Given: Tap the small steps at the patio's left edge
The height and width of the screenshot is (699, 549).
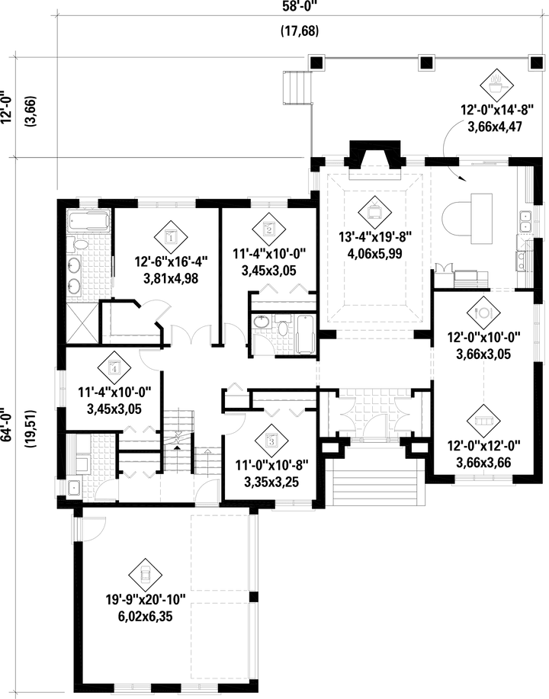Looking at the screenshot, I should tap(296, 87).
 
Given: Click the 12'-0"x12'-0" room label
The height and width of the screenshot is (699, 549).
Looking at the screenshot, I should tap(484, 447).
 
